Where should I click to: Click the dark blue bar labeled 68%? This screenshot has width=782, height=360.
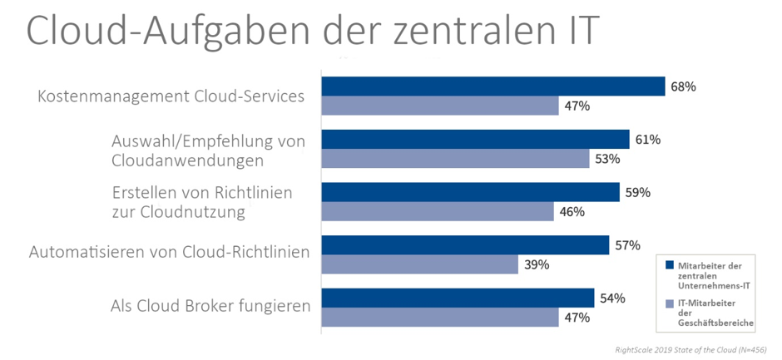[492, 86]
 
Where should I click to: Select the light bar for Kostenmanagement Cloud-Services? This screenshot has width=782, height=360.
[439, 106]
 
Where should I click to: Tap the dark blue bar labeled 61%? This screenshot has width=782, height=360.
[475, 140]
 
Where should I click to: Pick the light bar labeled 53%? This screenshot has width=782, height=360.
[454, 159]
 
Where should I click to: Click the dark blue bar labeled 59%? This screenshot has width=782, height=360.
[470, 192]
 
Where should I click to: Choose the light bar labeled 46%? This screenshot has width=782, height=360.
[437, 212]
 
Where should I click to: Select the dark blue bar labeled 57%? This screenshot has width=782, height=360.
[465, 245]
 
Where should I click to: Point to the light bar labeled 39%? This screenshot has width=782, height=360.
[419, 264]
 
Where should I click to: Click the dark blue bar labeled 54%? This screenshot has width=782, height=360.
[458, 298]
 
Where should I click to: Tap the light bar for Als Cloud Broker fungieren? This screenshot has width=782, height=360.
[439, 318]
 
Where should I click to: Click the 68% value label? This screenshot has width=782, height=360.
[684, 86]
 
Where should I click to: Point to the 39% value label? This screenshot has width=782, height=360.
[536, 264]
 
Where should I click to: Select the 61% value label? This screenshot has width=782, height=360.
[647, 140]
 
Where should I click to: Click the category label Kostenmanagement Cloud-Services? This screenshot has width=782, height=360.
[171, 96]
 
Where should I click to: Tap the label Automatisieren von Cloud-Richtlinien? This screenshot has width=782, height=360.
[170, 251]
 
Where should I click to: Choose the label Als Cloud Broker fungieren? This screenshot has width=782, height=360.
[210, 306]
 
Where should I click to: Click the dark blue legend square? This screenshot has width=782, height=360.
[667, 265]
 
